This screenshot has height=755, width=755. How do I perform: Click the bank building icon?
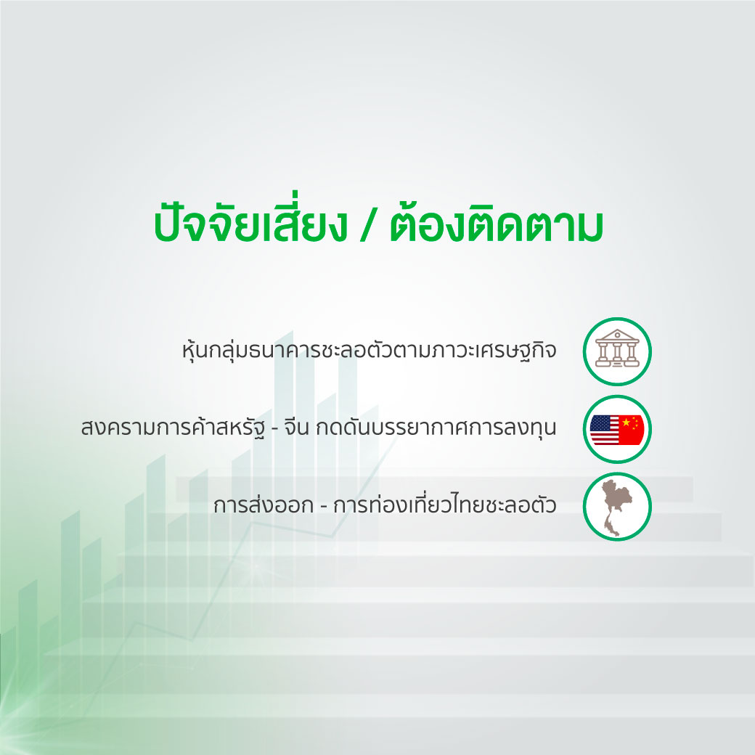(x=617, y=348)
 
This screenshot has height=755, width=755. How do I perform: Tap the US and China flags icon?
(x=617, y=430)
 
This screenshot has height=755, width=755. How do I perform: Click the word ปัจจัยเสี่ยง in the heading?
(x=250, y=224)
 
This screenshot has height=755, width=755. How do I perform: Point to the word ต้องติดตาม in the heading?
(x=497, y=224)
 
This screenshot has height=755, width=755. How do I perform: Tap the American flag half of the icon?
(x=604, y=430)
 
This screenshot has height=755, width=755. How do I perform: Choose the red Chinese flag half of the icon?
(x=632, y=430)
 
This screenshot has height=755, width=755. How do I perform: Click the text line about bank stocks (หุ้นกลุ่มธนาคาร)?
(x=370, y=350)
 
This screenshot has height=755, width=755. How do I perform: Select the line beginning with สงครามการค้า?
(x=319, y=427)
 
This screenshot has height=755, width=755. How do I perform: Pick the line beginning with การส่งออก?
(x=385, y=505)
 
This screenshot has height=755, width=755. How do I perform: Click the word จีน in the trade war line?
(x=296, y=426)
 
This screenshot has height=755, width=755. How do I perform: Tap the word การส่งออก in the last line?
(x=264, y=505)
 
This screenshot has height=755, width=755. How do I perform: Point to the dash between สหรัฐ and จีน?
(x=275, y=428)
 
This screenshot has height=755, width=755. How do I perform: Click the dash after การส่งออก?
(x=324, y=506)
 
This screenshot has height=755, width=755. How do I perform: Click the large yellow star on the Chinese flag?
(x=626, y=423)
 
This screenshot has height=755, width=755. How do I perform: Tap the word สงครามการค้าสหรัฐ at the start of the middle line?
(x=173, y=427)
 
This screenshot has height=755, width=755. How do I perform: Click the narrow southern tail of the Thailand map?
(x=613, y=526)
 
